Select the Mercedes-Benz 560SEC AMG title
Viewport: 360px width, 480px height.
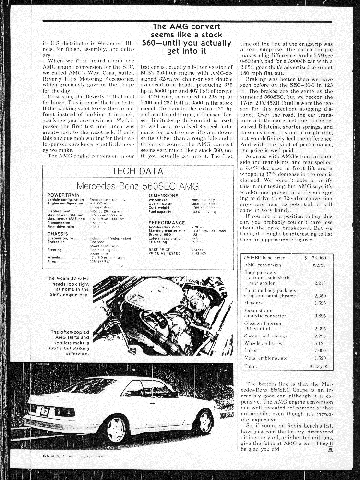point(137,186)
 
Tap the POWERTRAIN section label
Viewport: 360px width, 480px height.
point(60,196)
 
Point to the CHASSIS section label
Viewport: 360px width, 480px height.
point(57,233)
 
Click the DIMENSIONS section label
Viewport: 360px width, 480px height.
point(163,196)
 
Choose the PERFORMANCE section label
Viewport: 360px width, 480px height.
point(167,223)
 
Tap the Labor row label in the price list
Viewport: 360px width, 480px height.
point(251,350)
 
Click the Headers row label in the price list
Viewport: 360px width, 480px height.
point(253,303)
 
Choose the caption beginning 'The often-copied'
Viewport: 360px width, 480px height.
point(70,343)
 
